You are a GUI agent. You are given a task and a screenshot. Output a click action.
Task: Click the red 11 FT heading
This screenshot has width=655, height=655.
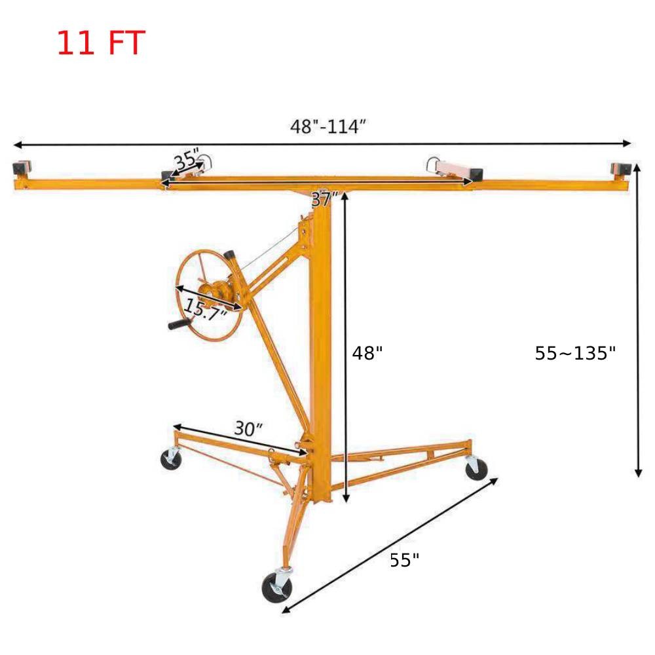click(x=100, y=43)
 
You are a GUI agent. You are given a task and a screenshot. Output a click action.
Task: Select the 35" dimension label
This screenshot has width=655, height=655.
click(x=187, y=160)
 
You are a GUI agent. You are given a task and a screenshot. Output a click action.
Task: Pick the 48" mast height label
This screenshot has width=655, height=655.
click(x=367, y=354)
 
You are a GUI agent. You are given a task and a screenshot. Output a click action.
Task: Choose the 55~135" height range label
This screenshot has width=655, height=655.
click(x=575, y=354)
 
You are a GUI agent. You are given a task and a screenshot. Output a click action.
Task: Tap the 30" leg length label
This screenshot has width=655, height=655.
click(x=249, y=429)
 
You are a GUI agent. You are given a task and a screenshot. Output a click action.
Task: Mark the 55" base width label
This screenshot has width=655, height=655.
click(x=404, y=560)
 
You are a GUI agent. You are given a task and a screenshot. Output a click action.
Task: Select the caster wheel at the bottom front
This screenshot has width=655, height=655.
click(x=275, y=585)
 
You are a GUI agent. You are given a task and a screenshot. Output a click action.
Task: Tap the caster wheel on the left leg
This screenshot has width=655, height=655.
click(x=171, y=458)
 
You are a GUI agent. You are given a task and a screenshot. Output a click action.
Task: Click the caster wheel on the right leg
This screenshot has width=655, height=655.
click(x=476, y=468)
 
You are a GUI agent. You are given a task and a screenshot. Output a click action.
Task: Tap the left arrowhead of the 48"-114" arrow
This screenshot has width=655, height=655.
click(x=16, y=144)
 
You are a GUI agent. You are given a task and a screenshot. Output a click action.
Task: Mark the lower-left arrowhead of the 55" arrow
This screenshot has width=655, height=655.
click(x=285, y=612)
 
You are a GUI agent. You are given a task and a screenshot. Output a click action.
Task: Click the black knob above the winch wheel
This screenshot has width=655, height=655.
click(x=230, y=255)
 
